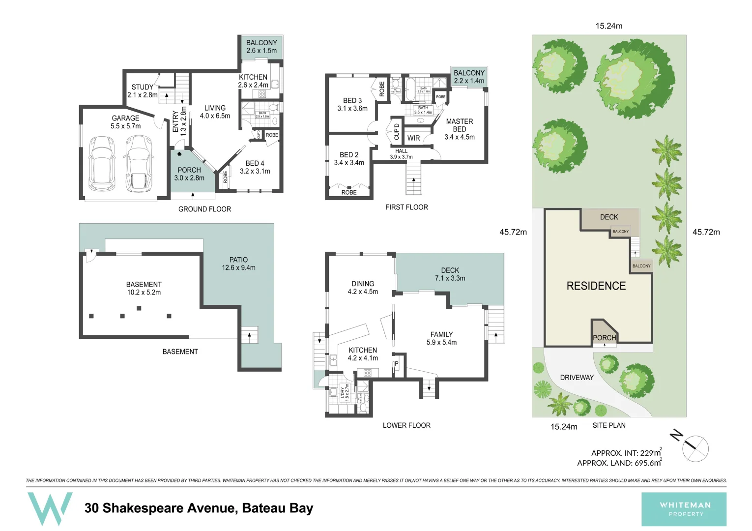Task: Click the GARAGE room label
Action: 125,122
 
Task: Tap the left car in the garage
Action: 102,164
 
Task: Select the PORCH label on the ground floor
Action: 189,174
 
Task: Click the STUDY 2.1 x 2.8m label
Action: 142,91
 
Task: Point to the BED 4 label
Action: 255,167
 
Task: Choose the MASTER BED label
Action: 459,129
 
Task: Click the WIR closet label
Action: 413,138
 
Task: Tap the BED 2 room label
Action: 349,158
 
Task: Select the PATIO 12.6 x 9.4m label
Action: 238,264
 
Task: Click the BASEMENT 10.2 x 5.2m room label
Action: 144,288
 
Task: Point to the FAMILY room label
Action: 441,338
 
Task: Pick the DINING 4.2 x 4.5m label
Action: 363,288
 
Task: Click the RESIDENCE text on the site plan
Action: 596,286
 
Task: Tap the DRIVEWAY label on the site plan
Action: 577,378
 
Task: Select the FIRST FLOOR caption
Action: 406,207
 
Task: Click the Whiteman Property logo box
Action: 684,509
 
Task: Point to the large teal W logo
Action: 49,508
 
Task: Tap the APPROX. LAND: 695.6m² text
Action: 619,463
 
